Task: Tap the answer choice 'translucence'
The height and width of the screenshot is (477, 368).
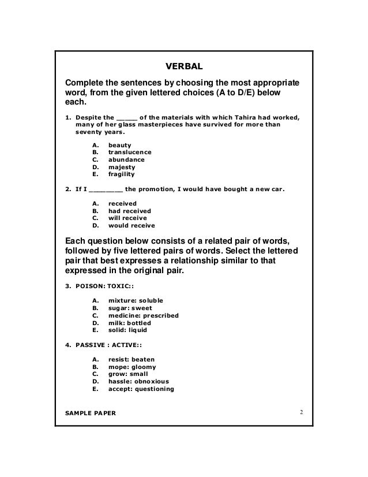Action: [130, 152]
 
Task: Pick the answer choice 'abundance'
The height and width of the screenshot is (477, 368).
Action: [126, 159]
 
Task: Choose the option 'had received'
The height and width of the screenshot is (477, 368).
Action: [130, 211]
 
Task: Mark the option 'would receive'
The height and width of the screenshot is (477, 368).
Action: [132, 226]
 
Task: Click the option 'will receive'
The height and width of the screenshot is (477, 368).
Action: [127, 219]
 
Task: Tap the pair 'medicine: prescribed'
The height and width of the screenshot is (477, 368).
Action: [144, 316]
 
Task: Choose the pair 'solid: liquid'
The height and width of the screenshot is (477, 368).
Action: [127, 331]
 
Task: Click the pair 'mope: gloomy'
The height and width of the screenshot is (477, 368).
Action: [132, 367]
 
